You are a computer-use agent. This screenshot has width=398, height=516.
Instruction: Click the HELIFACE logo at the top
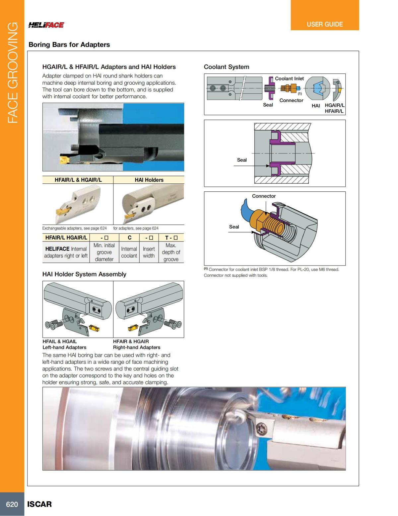point(46,25)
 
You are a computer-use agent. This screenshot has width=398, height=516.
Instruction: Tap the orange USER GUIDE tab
point(325,24)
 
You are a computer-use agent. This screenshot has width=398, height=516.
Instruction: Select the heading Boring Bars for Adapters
point(69,45)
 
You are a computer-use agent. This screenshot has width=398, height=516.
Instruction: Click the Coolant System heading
point(226,67)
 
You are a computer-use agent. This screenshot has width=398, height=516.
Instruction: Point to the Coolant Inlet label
point(289,78)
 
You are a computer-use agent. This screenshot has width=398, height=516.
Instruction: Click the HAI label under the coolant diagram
point(316,106)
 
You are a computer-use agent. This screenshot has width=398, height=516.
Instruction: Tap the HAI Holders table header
point(149,180)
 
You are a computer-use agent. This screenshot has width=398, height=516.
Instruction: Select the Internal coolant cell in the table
point(129,252)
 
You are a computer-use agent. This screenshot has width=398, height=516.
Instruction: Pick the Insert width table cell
point(149,252)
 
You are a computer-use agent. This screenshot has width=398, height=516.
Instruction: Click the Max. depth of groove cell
point(171,252)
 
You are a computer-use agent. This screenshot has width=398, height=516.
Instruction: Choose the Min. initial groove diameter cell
point(104,252)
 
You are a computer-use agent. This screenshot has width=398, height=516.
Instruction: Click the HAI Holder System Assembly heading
point(84,274)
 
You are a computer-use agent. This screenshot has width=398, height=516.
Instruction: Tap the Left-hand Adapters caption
point(64,347)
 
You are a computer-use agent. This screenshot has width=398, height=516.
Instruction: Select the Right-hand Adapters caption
point(137,347)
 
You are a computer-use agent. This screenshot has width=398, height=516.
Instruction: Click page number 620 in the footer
point(12,504)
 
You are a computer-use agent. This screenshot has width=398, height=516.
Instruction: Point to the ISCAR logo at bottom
point(39,504)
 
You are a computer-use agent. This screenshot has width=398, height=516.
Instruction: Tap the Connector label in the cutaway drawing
point(264,196)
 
